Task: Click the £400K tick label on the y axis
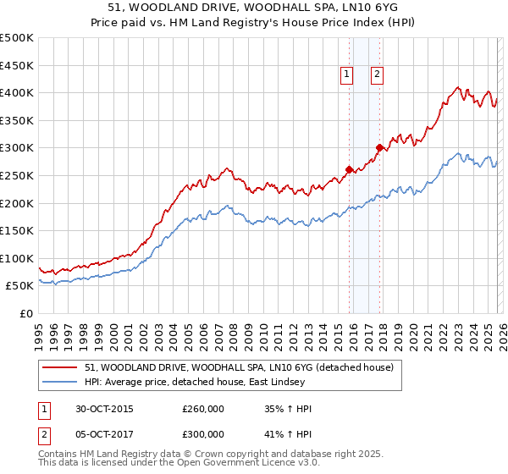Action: [x=17, y=92]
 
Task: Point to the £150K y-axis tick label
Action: [x=17, y=230]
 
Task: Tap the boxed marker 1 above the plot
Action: [x=347, y=74]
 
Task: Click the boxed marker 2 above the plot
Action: [x=377, y=74]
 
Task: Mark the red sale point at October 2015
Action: [x=349, y=169]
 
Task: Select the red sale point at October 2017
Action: [x=380, y=147]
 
